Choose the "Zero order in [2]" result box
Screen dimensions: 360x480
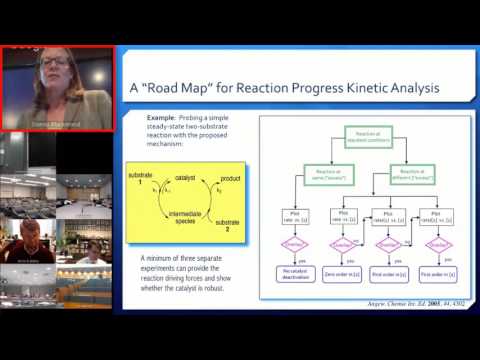tap(341, 273)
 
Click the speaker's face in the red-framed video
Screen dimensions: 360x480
tap(51, 70)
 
